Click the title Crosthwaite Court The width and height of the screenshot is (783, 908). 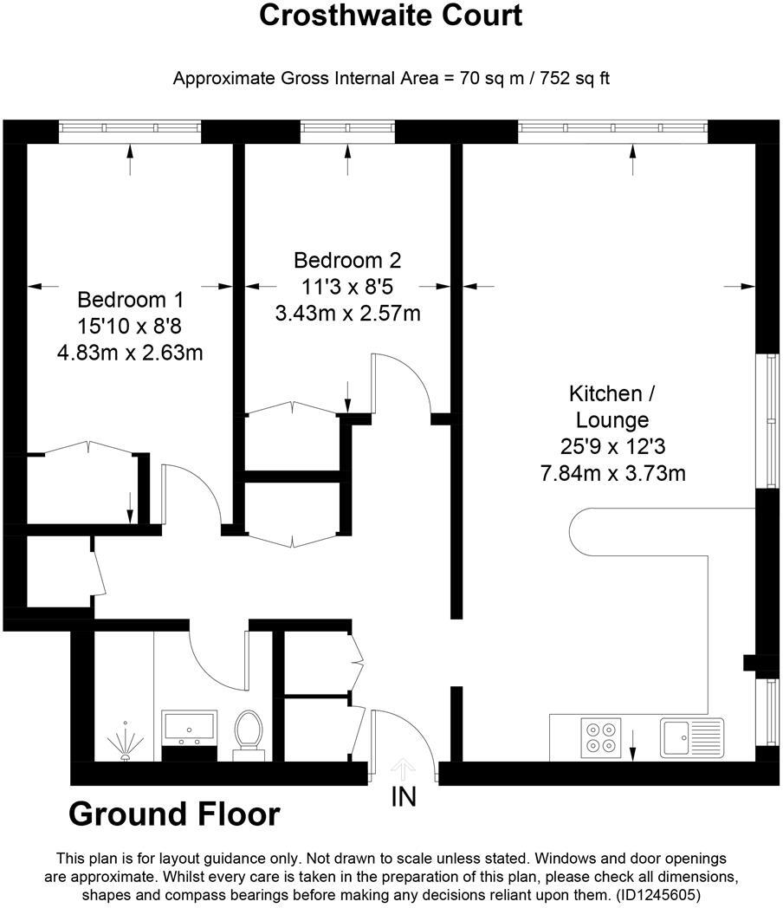pyautogui.click(x=391, y=16)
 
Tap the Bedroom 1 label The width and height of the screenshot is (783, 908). pyautogui.click(x=131, y=300)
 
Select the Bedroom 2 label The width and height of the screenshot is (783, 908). pyautogui.click(x=347, y=260)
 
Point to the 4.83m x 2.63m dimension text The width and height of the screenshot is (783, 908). pyautogui.click(x=131, y=353)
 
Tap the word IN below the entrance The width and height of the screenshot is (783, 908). pyautogui.click(x=404, y=796)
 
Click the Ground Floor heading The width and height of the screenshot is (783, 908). pyautogui.click(x=174, y=814)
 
